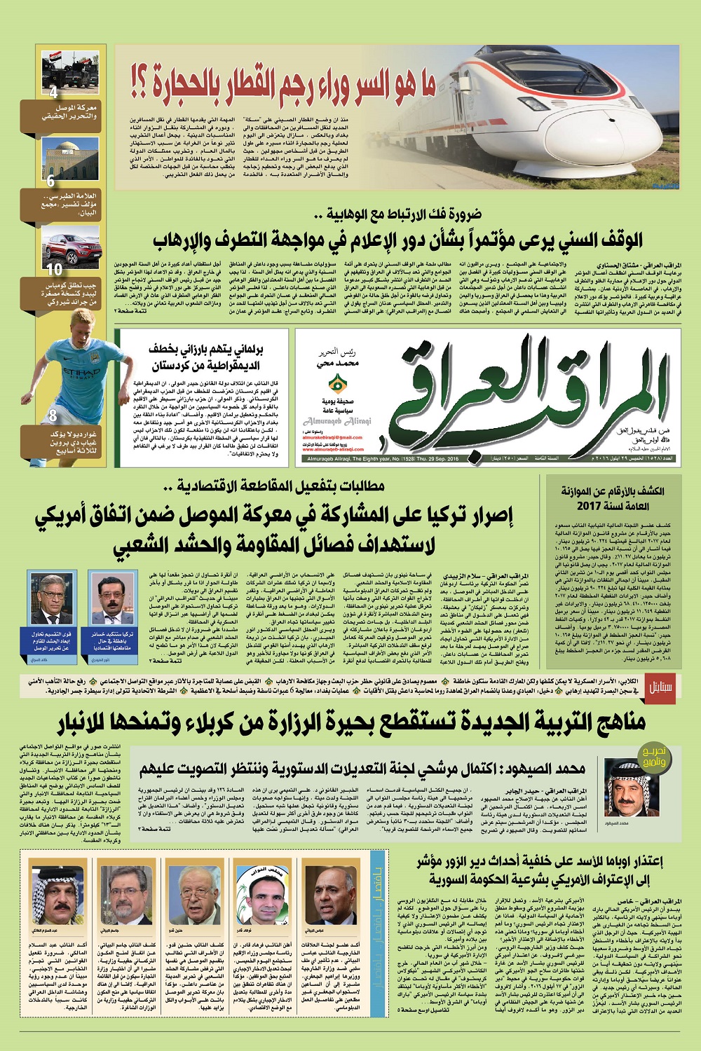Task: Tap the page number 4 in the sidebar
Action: [53, 93]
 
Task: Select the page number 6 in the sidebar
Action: [51, 181]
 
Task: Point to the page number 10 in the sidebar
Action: [54, 268]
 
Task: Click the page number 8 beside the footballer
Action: [53, 417]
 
